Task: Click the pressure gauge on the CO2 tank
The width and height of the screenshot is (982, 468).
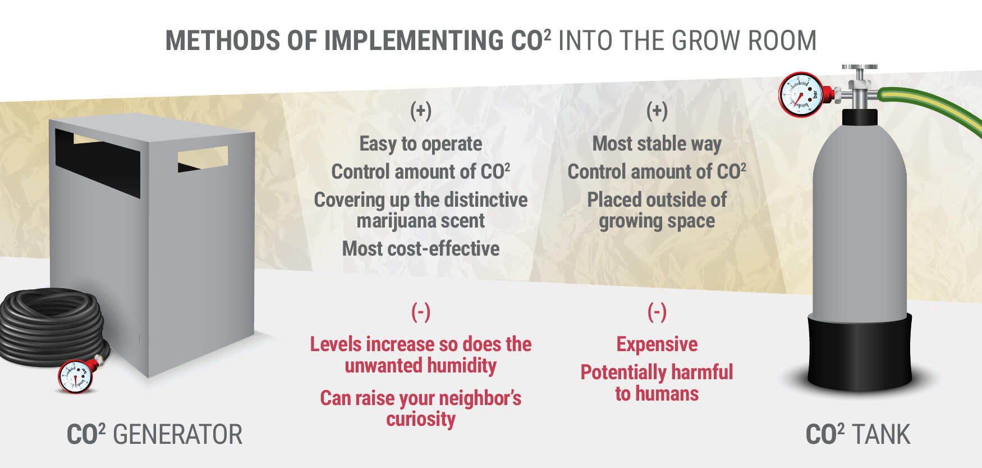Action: coord(801,94)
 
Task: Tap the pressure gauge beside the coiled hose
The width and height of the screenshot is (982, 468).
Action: coord(76,376)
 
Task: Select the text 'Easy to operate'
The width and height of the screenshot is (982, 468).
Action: coord(421,144)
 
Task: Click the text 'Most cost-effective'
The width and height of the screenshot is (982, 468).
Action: coord(421,248)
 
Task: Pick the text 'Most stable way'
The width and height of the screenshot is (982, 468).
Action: coord(657,144)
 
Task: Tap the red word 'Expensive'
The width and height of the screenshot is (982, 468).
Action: coord(657,344)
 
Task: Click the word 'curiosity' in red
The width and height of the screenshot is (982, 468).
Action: coord(421,420)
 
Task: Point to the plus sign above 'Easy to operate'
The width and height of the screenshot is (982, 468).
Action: coord(421,111)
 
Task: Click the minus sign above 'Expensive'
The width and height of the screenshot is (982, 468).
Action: coord(657,311)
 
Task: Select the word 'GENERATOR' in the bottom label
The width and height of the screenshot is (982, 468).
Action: coord(178,435)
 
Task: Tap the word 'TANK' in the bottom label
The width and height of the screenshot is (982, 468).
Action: coord(881,435)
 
